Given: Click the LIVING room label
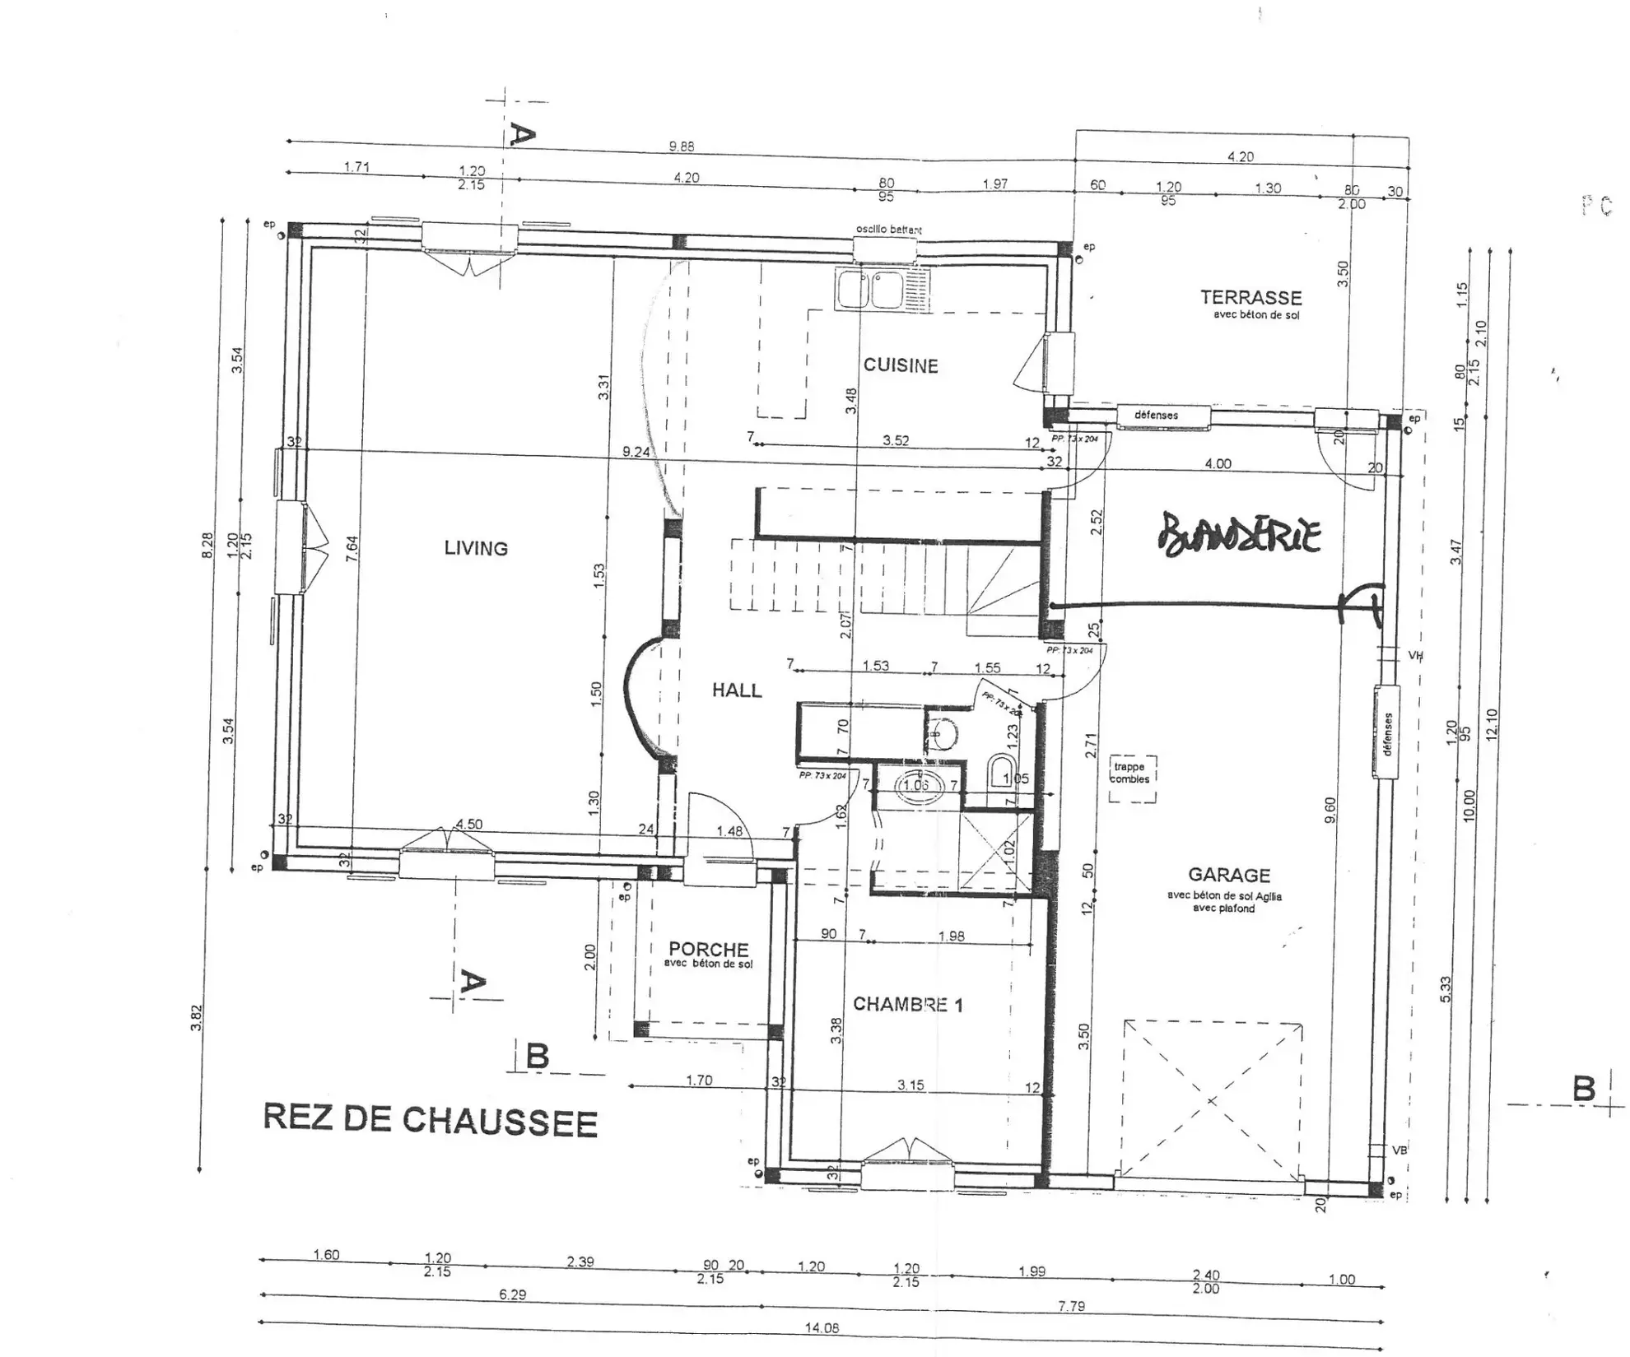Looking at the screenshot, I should tap(476, 548).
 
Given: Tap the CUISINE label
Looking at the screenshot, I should tap(901, 366).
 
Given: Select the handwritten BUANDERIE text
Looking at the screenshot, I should tap(1239, 535).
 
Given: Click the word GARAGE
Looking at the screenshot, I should tap(1228, 875).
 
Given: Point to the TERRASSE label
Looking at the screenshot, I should tap(1250, 298).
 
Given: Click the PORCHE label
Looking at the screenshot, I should tap(708, 950).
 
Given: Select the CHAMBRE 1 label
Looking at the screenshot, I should tap(907, 1004).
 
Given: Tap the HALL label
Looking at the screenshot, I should tap(737, 690).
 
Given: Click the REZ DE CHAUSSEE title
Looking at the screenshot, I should tap(430, 1120).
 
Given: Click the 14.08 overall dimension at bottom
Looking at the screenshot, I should tap(822, 1327).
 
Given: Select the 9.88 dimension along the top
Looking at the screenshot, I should tap(681, 146).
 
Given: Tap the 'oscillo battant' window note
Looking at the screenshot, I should tap(888, 230).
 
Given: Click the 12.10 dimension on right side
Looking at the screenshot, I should tap(1493, 724).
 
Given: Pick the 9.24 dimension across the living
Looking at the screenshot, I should tap(636, 452).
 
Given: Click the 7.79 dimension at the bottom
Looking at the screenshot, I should tap(1071, 1305).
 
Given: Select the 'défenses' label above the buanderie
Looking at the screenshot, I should tap(1156, 415).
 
